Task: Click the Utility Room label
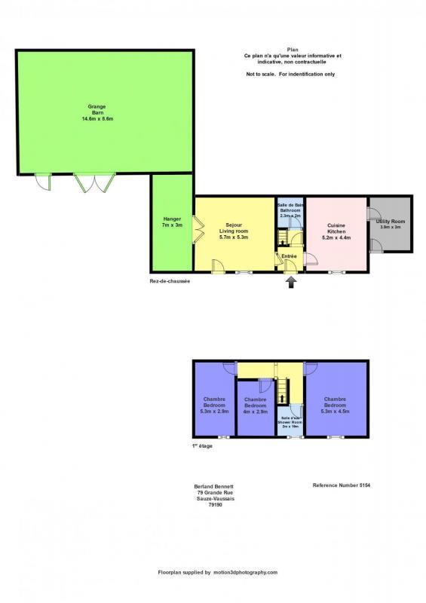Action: click(x=391, y=224)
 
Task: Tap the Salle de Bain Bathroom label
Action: click(x=290, y=211)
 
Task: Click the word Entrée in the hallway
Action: click(x=289, y=257)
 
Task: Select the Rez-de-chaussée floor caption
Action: click(x=170, y=281)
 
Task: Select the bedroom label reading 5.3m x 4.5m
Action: click(x=336, y=406)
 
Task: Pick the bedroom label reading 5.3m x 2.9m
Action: click(x=214, y=406)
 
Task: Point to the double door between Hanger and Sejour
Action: click(x=198, y=228)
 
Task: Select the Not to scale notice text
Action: click(x=290, y=75)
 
